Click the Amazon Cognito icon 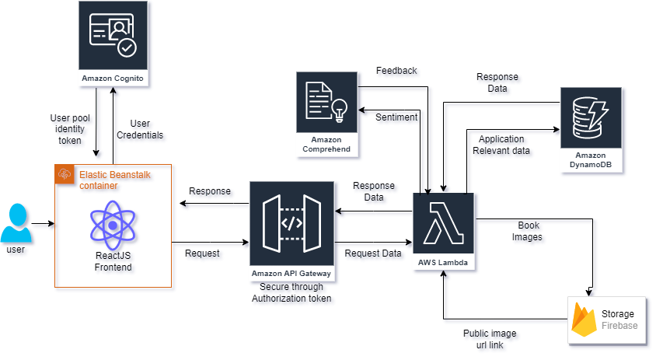click(x=113, y=35)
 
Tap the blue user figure click(x=16, y=222)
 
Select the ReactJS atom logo click(x=113, y=225)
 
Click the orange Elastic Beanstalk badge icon click(x=65, y=173)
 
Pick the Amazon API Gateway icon click(x=291, y=223)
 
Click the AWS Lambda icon click(x=444, y=223)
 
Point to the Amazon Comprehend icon click(x=326, y=102)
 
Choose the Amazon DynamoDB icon click(x=591, y=117)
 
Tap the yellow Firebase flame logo click(x=584, y=320)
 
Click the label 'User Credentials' click(x=140, y=129)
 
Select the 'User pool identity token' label click(x=70, y=129)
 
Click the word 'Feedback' click(x=396, y=71)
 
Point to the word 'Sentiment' click(x=396, y=117)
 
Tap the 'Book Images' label click(x=528, y=231)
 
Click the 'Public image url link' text click(x=490, y=339)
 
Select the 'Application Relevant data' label click(x=501, y=145)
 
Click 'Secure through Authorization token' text click(x=291, y=292)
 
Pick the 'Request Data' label click(x=373, y=253)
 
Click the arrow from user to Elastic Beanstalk click(x=43, y=223)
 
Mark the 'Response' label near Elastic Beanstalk click(x=210, y=191)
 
